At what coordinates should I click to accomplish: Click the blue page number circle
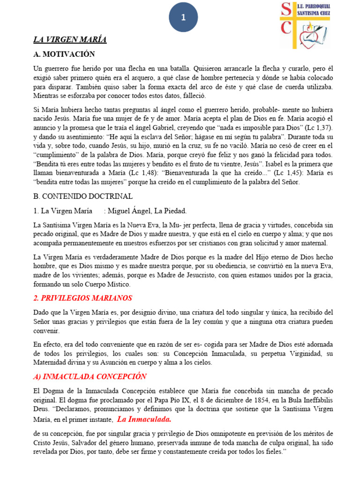click(x=183, y=17)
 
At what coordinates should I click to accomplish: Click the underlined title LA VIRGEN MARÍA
click(x=70, y=40)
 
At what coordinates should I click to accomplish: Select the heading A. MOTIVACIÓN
click(x=64, y=54)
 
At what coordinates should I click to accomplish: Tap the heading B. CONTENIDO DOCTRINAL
click(x=83, y=196)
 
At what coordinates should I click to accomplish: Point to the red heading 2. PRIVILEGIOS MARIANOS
click(x=82, y=298)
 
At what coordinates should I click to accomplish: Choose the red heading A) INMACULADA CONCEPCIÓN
click(x=90, y=376)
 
